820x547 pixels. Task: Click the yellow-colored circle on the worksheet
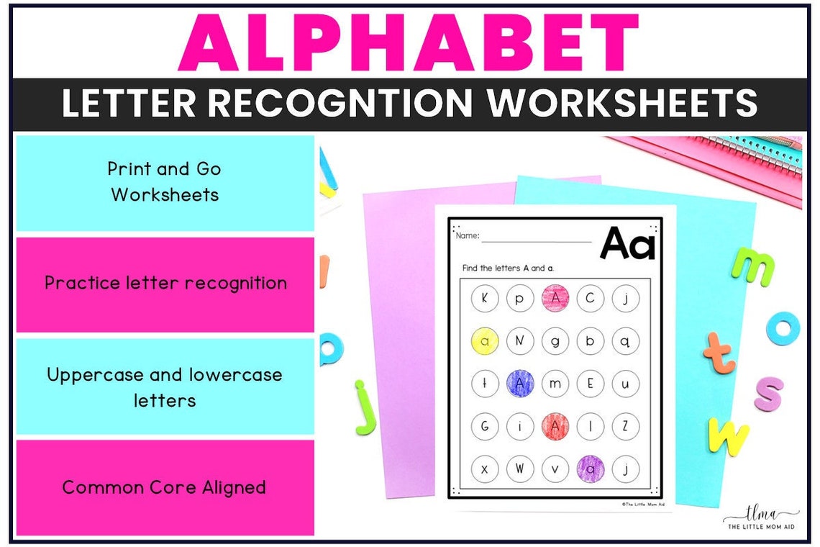[485, 341]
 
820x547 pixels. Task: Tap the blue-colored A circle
[520, 383]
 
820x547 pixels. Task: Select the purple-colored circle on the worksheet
[591, 469]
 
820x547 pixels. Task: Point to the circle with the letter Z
[626, 426]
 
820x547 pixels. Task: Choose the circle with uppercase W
[520, 469]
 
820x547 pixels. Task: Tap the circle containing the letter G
[485, 426]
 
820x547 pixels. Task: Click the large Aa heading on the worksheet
[628, 243]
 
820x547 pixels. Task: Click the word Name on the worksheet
[468, 235]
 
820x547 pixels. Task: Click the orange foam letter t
[720, 353]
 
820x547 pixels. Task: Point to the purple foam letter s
[768, 394]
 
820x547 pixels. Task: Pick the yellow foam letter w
[729, 436]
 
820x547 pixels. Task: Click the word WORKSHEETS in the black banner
[623, 103]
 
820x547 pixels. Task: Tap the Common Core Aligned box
[165, 487]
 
